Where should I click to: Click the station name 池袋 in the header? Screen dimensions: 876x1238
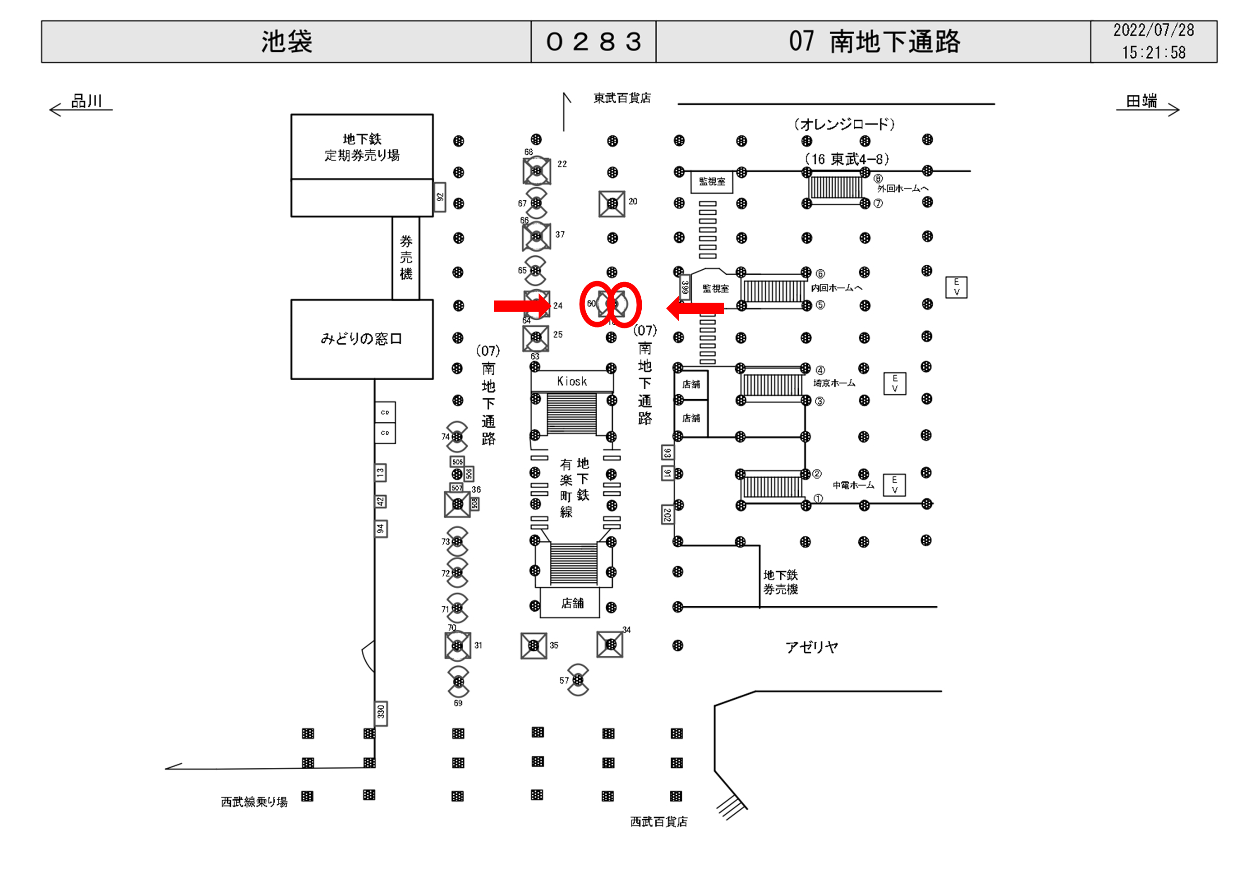pos(286,41)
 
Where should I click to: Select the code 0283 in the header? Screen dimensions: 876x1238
pos(593,41)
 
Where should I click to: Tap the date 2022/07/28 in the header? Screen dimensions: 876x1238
pos(1153,30)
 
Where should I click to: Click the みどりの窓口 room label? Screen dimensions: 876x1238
pos(361,339)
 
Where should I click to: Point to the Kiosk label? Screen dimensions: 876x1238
pos(571,381)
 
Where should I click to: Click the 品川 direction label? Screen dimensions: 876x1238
pos(86,101)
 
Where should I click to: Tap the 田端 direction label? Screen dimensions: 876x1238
pos(1141,101)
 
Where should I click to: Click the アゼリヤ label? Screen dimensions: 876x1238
pos(811,647)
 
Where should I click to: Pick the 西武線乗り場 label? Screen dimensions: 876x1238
pos(254,802)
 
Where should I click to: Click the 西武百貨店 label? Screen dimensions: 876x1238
pos(658,821)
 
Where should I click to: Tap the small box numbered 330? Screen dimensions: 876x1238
pos(381,713)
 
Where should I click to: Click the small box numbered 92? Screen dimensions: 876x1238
pos(440,197)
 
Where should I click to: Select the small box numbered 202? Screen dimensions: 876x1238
pos(667,515)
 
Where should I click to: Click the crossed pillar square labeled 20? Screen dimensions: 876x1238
pos(612,204)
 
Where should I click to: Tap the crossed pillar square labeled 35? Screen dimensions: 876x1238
pos(534,645)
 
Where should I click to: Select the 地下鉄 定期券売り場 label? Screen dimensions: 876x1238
pos(362,147)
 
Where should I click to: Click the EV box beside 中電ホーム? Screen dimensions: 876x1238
pos(894,485)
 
